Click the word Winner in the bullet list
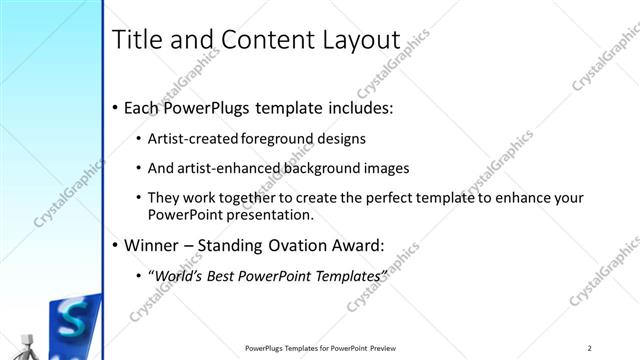[155, 243]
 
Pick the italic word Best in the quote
[225, 274]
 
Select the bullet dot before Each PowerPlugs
[116, 108]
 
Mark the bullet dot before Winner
[116, 244]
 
